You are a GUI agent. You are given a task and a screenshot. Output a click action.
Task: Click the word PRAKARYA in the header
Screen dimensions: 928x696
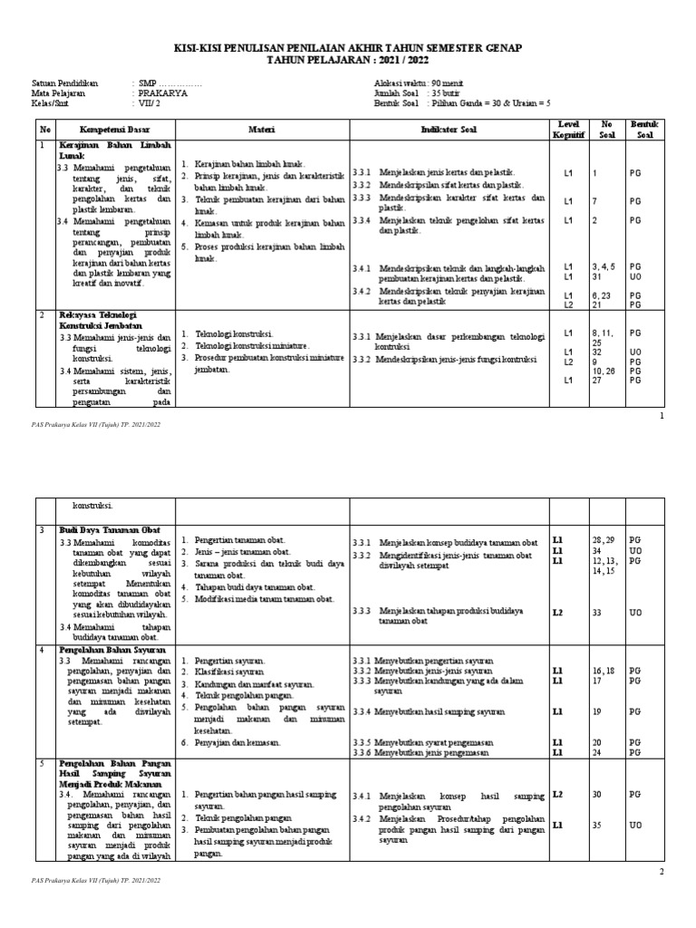[x=164, y=92]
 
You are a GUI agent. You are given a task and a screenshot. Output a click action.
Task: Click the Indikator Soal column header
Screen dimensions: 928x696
[x=451, y=130]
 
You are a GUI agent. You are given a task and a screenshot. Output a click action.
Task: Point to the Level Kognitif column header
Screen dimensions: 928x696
[x=568, y=129]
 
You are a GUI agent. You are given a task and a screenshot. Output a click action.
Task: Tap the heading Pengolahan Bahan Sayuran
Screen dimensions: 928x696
[x=111, y=650]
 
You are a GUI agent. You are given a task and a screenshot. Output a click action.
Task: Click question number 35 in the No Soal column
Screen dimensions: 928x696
[x=596, y=826]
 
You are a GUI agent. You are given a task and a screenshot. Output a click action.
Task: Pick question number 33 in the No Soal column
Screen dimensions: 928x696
[x=596, y=613]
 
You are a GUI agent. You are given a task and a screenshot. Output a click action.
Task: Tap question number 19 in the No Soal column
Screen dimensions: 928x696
[x=596, y=712]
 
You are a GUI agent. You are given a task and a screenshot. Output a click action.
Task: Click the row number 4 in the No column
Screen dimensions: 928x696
[x=41, y=650]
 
